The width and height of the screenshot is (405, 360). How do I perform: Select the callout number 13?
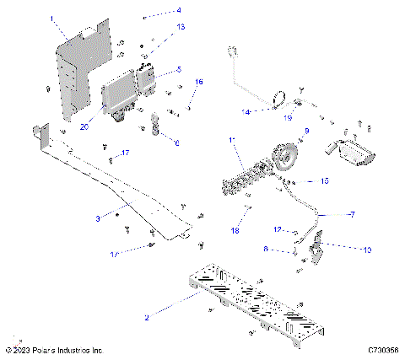pos(181,27)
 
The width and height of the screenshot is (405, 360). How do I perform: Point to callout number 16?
pos(199,82)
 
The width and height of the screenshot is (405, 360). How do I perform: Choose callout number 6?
pos(176,143)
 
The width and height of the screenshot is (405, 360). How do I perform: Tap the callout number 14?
pos(246,111)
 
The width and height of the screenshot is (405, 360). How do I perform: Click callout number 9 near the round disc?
pos(306,130)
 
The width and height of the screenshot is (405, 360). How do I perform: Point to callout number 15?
pos(324,180)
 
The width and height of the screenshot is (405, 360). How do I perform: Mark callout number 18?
pos(235,229)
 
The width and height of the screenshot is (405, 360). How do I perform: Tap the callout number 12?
pos(278,229)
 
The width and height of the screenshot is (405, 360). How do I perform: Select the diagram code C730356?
pos(383,349)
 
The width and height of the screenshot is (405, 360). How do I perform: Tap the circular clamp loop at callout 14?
pos(278,104)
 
